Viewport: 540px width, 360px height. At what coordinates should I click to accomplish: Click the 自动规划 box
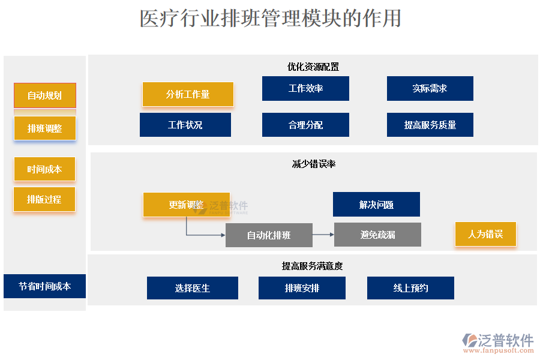tap(45, 95)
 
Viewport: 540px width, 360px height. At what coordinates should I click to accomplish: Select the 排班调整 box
tap(45, 128)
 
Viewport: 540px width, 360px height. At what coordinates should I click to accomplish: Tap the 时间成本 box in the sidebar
tap(45, 169)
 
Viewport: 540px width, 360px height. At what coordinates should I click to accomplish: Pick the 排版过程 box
tap(44, 199)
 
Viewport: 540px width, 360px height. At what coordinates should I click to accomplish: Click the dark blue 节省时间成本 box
tap(45, 286)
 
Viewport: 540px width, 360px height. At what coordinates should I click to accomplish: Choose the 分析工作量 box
tap(188, 94)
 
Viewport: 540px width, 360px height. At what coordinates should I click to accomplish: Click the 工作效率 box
tap(305, 89)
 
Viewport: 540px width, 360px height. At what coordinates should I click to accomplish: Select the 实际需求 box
tap(430, 89)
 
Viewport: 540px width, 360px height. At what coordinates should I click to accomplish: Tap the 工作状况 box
tap(185, 125)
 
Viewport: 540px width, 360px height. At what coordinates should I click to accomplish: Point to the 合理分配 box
tap(305, 125)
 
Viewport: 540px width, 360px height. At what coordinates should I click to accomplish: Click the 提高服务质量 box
tap(430, 125)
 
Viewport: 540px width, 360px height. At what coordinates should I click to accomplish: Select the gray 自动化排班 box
tap(269, 235)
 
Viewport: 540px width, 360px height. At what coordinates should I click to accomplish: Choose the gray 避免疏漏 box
tap(377, 235)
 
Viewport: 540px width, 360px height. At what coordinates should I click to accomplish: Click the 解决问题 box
tap(376, 205)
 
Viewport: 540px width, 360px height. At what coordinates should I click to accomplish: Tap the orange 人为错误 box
tap(485, 234)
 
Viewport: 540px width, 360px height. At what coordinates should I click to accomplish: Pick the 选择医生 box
tap(193, 288)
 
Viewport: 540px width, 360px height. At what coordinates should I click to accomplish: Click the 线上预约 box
tap(410, 288)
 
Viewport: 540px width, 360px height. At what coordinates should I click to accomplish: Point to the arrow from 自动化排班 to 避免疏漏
tap(323, 235)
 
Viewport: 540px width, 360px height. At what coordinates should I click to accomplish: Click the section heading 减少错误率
tap(314, 164)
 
